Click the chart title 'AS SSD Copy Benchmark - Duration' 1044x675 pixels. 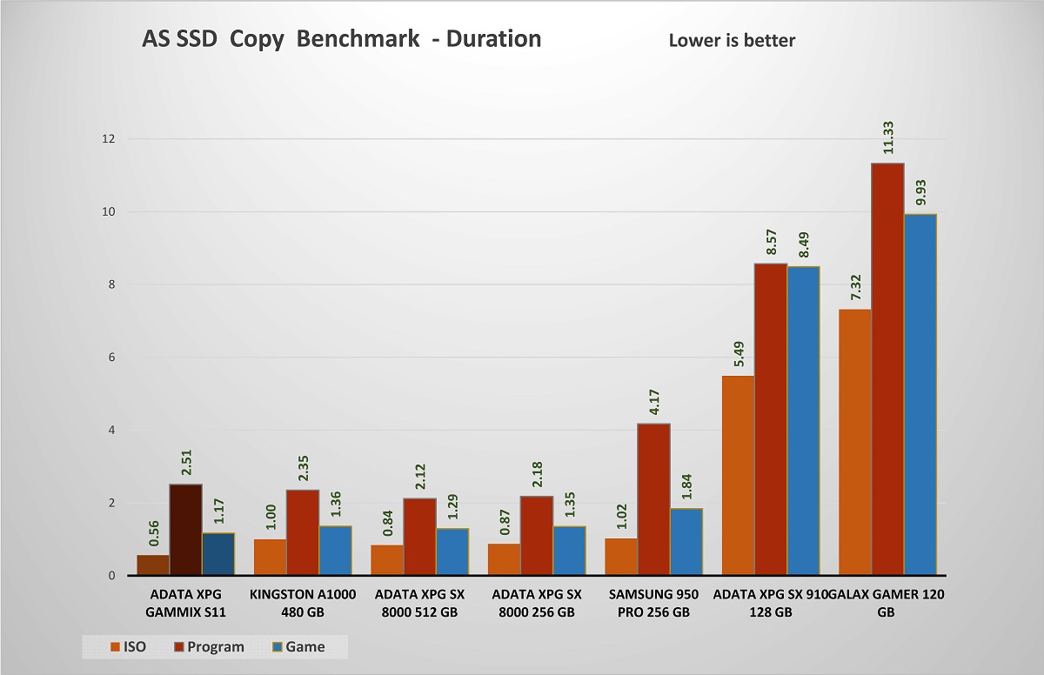click(341, 39)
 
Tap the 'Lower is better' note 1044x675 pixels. click(732, 40)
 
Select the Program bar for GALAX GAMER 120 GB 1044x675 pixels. click(887, 369)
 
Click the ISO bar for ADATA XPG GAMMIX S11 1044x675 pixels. click(153, 565)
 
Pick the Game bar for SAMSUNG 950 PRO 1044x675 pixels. click(686, 542)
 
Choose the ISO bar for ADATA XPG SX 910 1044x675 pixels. click(737, 475)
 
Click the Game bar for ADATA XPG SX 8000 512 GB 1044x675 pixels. click(452, 551)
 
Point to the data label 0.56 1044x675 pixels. click(153, 532)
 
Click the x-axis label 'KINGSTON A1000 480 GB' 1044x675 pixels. click(303, 603)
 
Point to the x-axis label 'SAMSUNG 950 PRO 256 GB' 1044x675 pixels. click(654, 603)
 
